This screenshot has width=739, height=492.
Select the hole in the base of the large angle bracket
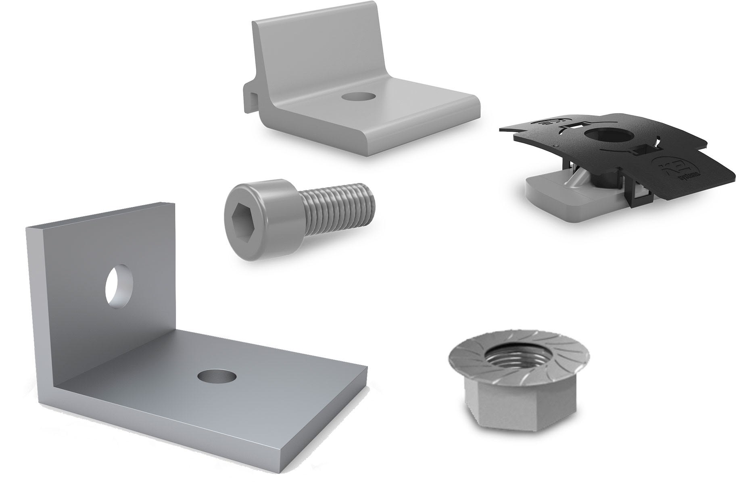coord(217,376)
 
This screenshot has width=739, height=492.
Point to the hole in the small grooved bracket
coord(357,96)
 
